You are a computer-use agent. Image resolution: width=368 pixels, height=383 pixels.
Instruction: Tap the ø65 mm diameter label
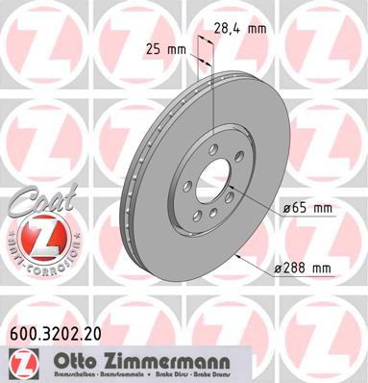(307, 207)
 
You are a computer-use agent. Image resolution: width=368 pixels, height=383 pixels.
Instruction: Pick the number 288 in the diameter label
(303, 267)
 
